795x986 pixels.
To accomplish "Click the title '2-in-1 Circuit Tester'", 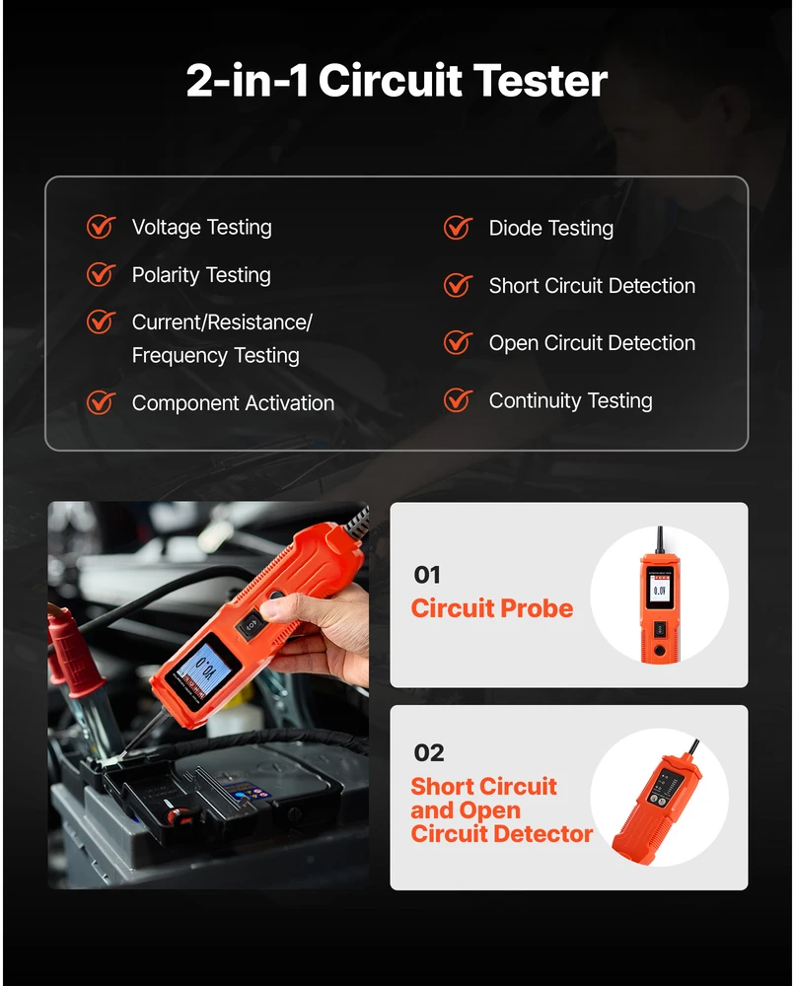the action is point(397,81).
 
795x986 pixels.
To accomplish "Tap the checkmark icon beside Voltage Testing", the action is point(101,227).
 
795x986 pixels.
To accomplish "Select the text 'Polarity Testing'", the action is point(201,275).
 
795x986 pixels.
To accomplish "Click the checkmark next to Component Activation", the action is point(101,402).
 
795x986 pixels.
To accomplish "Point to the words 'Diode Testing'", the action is point(551,229).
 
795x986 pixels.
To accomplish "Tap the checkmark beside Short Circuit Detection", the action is point(458,286).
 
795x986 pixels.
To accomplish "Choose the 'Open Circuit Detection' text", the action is point(592,343).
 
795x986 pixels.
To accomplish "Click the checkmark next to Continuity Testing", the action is point(458,400).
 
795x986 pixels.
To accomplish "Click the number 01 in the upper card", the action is point(427,575).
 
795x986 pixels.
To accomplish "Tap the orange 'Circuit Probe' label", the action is point(492,608).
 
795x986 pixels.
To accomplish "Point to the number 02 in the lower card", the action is point(429,752).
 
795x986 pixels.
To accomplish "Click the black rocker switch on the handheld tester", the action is point(251,624).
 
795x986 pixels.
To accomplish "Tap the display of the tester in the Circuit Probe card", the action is point(659,591).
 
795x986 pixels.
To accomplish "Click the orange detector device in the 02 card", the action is point(657,803).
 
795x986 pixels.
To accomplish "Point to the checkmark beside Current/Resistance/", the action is point(101,322).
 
